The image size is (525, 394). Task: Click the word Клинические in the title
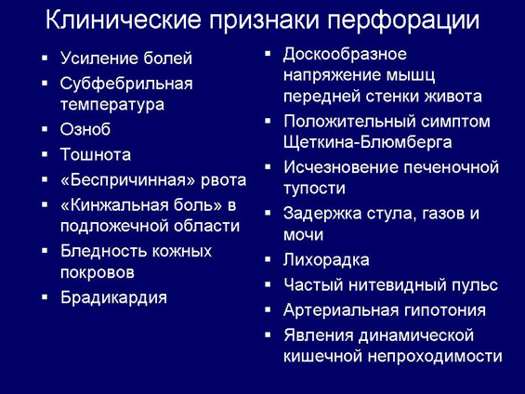123,20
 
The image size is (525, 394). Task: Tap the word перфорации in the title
403,21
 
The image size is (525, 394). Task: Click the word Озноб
85,129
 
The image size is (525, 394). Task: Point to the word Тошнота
96,154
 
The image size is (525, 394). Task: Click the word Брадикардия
113,297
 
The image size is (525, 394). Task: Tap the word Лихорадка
326,260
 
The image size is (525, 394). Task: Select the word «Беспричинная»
127,180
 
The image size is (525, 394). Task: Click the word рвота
223,181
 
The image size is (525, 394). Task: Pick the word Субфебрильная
126,84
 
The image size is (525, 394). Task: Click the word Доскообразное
346,55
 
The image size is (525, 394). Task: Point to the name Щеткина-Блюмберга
368,142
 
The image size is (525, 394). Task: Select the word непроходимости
435,356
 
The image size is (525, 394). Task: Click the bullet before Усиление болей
45,59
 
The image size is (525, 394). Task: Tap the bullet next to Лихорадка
268,259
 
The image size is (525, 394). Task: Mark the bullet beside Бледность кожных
45,250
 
